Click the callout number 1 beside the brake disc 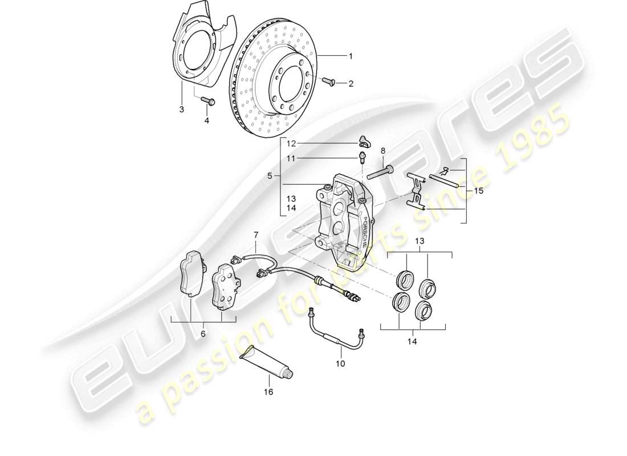[351, 56]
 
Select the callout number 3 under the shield [182, 109]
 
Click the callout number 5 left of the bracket [270, 176]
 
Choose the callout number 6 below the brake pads [203, 333]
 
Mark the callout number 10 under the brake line [340, 363]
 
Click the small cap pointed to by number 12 [364, 141]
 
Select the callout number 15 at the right [478, 191]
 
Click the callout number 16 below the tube [268, 392]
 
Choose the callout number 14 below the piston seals [412, 341]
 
